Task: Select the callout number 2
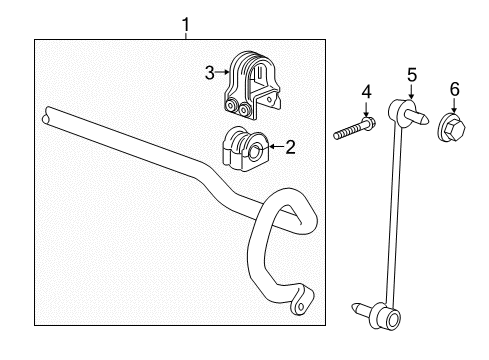[291, 148]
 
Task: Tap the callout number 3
[209, 72]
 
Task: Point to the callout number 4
[366, 93]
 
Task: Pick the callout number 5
[411, 73]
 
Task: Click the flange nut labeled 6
[452, 127]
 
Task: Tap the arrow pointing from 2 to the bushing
[275, 149]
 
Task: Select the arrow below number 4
[366, 111]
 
